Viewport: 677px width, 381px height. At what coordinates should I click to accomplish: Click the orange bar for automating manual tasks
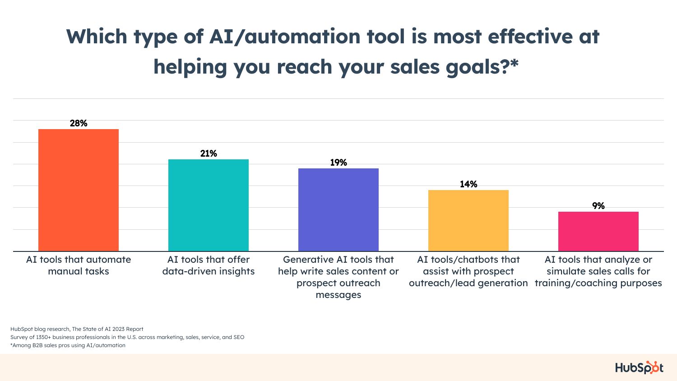tap(78, 190)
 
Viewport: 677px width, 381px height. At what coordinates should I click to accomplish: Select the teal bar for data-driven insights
tap(208, 205)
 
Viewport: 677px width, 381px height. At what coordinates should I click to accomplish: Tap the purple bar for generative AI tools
tap(338, 210)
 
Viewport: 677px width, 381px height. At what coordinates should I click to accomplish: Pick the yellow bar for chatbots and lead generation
tap(468, 221)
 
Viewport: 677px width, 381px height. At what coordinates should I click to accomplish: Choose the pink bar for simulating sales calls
tap(598, 231)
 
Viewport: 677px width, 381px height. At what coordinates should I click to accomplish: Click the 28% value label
tap(79, 123)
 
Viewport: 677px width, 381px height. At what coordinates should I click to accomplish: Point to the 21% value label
tap(209, 153)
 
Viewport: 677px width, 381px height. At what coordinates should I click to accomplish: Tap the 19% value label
tap(338, 163)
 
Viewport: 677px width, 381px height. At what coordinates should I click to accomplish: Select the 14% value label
tap(468, 184)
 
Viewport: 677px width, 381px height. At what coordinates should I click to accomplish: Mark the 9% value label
tap(598, 206)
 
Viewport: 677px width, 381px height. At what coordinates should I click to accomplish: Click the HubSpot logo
tap(639, 367)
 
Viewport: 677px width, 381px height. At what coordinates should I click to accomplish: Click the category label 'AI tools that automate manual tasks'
tap(79, 265)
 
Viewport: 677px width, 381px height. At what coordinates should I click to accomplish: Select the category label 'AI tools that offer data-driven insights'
tap(209, 265)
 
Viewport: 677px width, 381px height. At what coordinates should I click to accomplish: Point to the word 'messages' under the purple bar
tap(338, 295)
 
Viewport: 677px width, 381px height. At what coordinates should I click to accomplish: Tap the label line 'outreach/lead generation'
tap(468, 283)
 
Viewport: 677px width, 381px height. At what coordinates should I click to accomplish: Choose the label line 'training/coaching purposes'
tap(598, 283)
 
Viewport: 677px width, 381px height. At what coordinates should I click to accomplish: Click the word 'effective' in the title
tap(530, 37)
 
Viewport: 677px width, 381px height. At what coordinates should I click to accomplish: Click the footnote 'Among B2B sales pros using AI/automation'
tap(68, 345)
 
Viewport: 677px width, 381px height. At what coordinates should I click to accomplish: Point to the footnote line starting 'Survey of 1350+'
tap(127, 337)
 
